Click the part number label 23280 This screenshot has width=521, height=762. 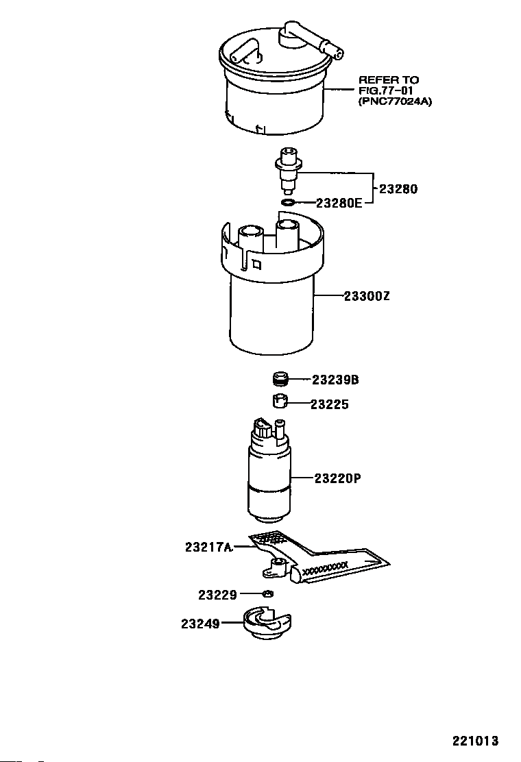[398, 188]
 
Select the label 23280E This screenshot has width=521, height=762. [339, 203]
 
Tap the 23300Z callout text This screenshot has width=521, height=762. [367, 297]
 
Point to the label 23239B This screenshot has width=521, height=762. [336, 380]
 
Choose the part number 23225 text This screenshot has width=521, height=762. [329, 404]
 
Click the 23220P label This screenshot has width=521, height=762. [338, 478]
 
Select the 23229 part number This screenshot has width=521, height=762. [217, 595]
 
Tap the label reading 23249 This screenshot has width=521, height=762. [200, 624]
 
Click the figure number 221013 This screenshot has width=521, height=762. [474, 741]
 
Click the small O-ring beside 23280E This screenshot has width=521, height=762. [289, 202]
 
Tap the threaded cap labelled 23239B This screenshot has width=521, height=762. [278, 379]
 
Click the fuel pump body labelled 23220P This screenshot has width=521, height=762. [270, 480]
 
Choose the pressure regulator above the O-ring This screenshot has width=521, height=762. [287, 171]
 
